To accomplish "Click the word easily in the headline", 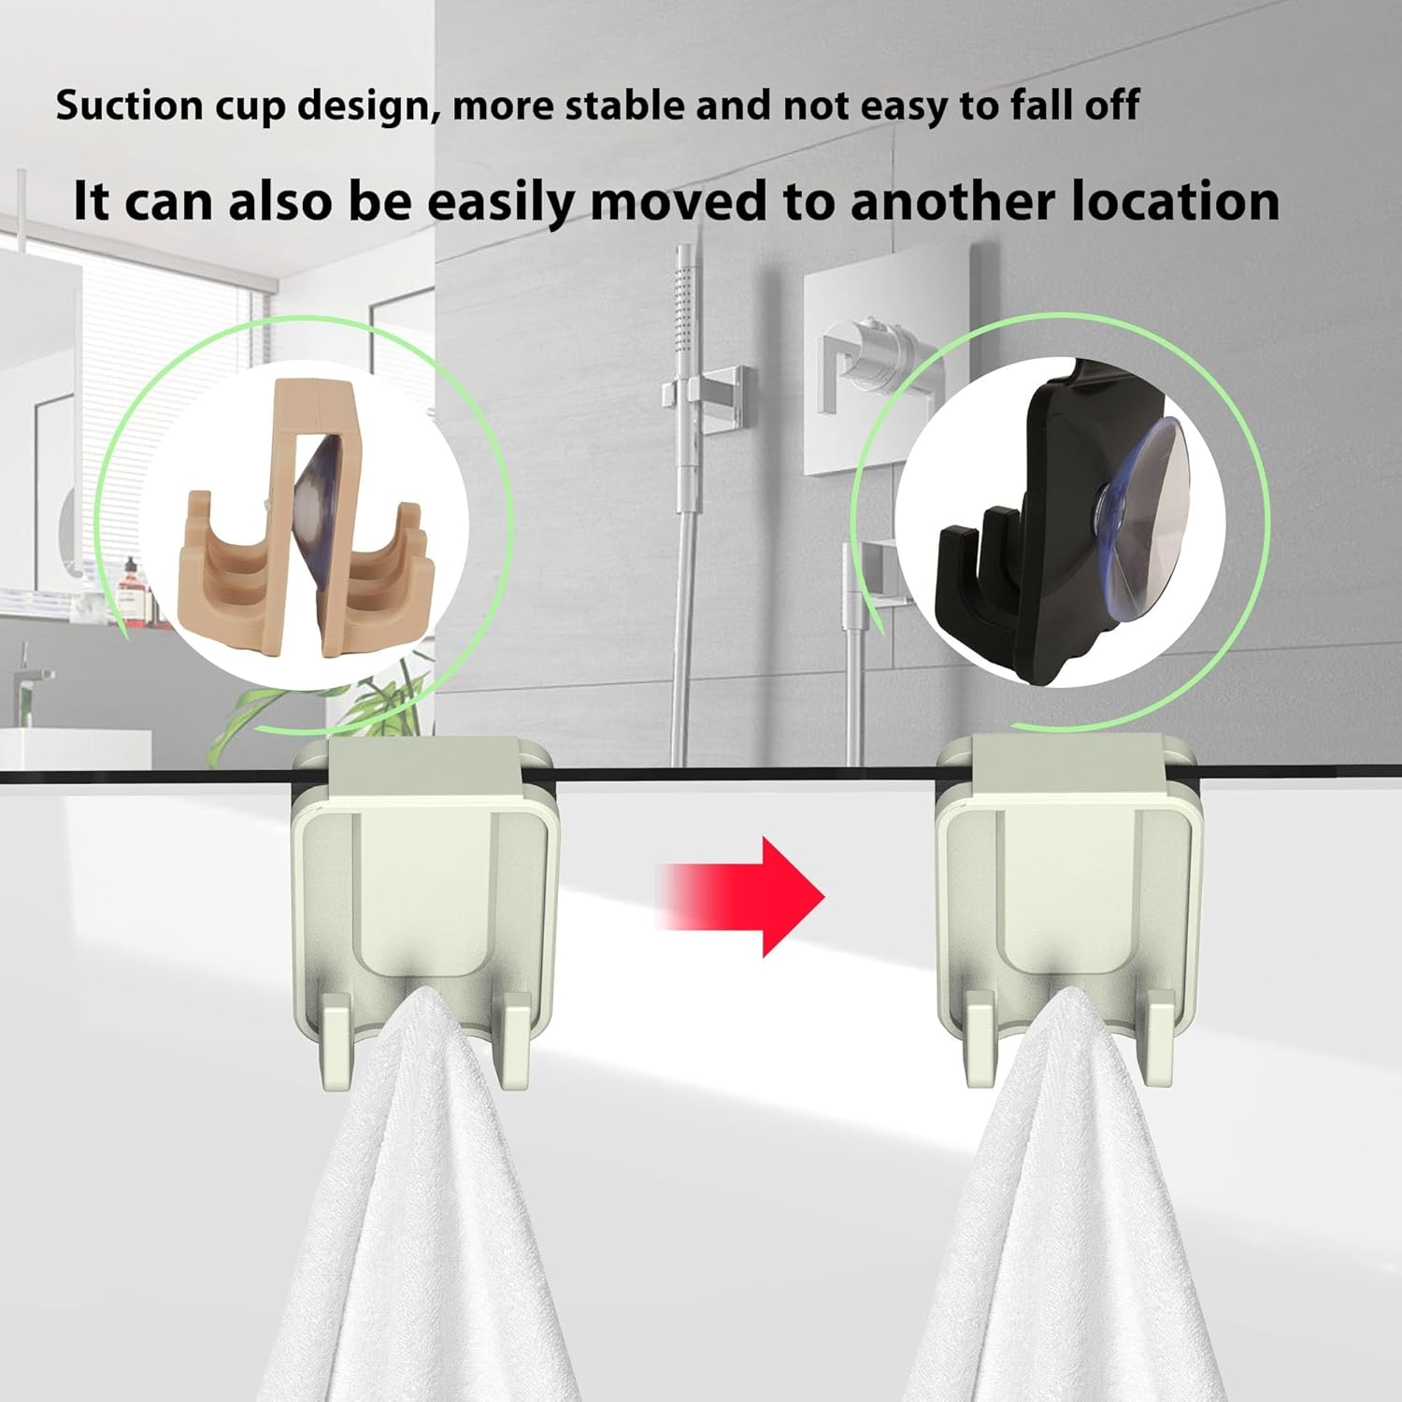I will point(500,202).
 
